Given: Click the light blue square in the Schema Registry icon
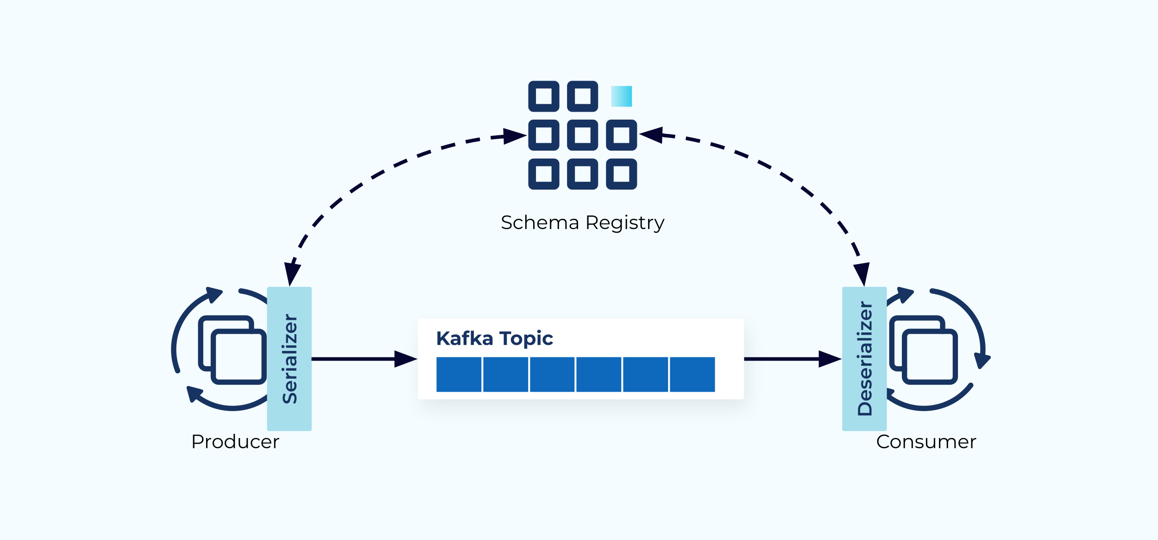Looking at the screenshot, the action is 621,96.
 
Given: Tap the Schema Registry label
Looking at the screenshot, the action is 582,223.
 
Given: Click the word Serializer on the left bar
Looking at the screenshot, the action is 290,359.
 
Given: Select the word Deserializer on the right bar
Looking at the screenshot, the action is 865,358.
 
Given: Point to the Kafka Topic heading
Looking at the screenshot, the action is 495,339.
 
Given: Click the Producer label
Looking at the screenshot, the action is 235,441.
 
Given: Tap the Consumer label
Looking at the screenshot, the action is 926,441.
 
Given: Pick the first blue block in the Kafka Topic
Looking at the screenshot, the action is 459,375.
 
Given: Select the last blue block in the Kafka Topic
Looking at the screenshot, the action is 692,375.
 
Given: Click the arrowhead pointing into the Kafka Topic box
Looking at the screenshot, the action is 406,359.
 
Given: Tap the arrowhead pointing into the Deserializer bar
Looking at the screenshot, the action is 830,359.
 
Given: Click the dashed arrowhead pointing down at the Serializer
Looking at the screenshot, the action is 292,275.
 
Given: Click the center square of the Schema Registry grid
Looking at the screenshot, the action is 582,135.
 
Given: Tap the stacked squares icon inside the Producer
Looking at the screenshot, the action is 232,350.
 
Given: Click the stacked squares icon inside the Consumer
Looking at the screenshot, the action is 924,350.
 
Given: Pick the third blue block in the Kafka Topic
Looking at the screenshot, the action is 552,375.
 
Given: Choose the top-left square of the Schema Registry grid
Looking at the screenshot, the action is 544,96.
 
